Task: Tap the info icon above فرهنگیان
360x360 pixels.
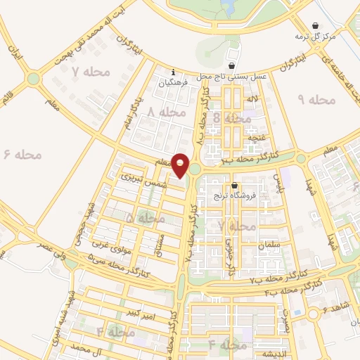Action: click(x=173, y=71)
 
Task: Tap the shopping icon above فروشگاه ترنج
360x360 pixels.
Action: click(x=234, y=185)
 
